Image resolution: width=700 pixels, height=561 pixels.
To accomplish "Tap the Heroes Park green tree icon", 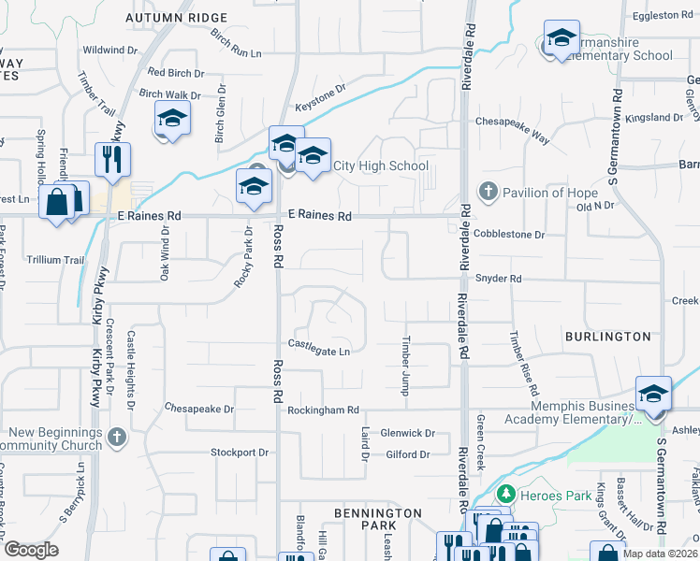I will point(506,493).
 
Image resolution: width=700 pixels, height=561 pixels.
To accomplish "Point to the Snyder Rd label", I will point(498,279).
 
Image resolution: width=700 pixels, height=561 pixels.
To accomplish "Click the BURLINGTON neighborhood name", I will point(607,337).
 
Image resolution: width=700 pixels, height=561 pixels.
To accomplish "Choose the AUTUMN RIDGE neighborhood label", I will point(176,18).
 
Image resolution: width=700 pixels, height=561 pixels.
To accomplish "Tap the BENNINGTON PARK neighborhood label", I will point(378,521).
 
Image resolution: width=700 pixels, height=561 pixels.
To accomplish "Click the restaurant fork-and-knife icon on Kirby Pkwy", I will point(112,159).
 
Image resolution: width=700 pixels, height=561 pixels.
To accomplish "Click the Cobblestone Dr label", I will point(509,235).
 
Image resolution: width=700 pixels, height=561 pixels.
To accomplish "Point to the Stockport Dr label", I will point(239,453).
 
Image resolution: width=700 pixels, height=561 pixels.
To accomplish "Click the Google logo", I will point(31,550).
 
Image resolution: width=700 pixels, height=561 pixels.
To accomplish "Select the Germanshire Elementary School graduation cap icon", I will point(561,39).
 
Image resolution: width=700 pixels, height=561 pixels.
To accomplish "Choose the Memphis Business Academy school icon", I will point(653,394).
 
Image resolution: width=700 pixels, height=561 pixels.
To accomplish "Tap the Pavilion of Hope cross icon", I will point(487,193).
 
